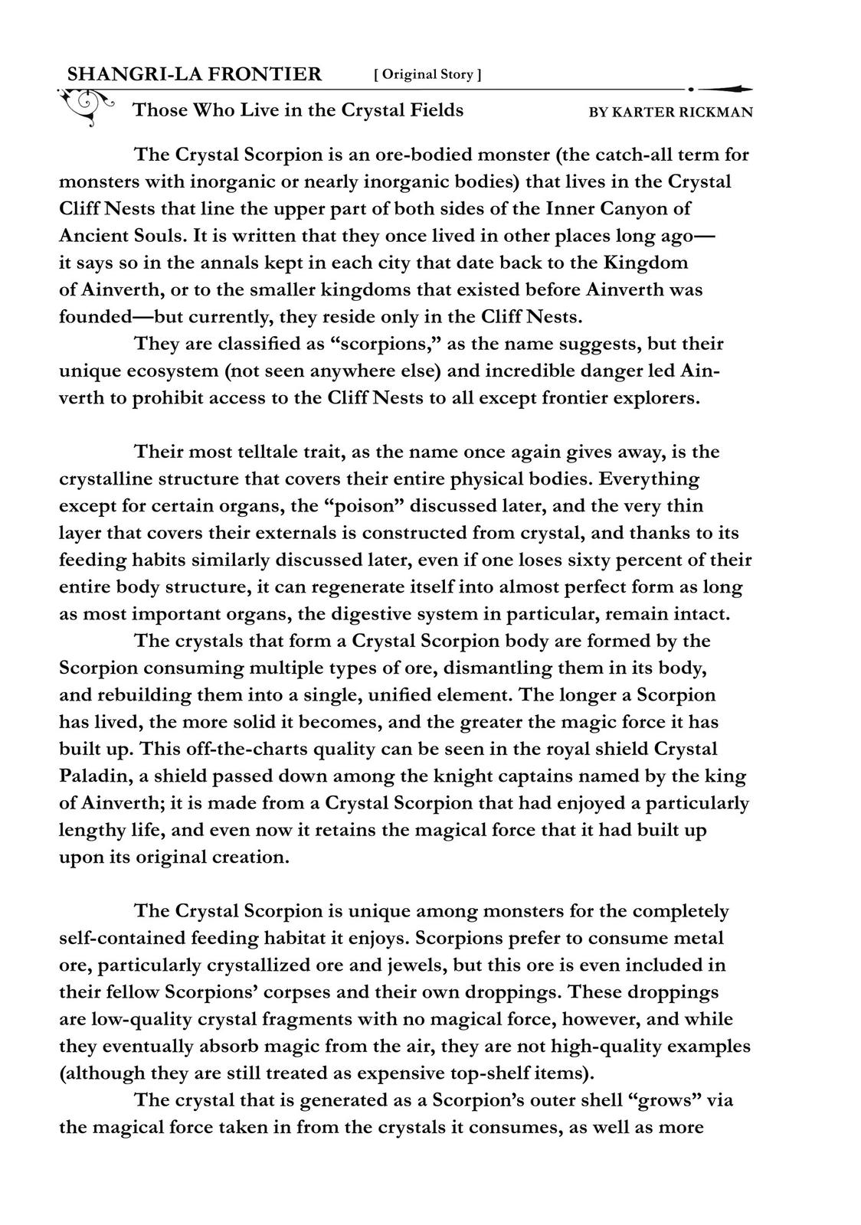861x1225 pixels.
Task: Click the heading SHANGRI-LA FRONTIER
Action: pyautogui.click(x=195, y=74)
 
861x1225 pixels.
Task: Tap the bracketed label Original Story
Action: pyautogui.click(x=427, y=74)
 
